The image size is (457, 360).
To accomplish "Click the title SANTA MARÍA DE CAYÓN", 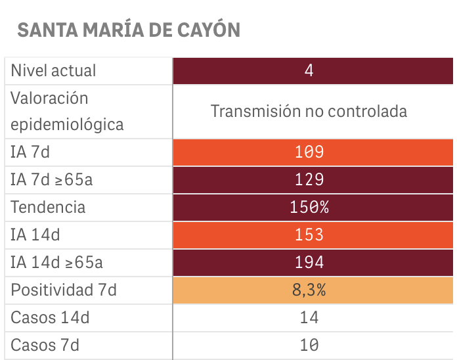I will [129, 30].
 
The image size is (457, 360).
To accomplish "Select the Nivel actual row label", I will [53, 70].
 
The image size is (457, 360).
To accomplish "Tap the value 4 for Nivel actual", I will [309, 70].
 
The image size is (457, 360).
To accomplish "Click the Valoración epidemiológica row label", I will [67, 111].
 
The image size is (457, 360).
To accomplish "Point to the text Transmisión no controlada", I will [309, 111].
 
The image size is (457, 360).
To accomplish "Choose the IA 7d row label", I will [30, 152].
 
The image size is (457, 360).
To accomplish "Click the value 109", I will [309, 152].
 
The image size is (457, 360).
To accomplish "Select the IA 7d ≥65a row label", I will [52, 179].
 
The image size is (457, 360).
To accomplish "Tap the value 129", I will [309, 180].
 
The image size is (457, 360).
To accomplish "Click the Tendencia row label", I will [48, 207].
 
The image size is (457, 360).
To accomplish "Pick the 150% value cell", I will [309, 208].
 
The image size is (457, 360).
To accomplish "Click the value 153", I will [309, 235].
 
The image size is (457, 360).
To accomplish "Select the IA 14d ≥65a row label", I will [56, 262].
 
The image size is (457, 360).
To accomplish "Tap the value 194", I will [309, 263].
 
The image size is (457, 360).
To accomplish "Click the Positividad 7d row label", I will [63, 290].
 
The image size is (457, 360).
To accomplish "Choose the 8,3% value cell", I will [309, 290].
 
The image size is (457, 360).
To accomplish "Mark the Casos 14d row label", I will [50, 317].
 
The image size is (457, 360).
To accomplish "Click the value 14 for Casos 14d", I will [309, 318].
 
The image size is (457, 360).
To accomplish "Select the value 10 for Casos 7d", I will [309, 345].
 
